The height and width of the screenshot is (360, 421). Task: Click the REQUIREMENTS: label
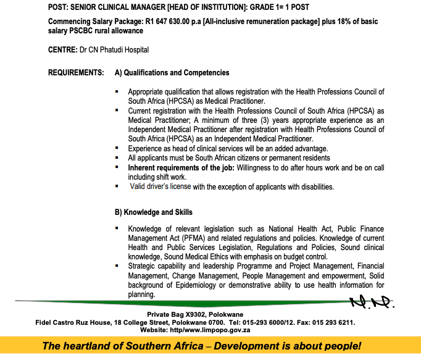tap(76, 73)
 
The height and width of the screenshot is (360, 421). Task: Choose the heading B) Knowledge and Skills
tap(154, 212)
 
